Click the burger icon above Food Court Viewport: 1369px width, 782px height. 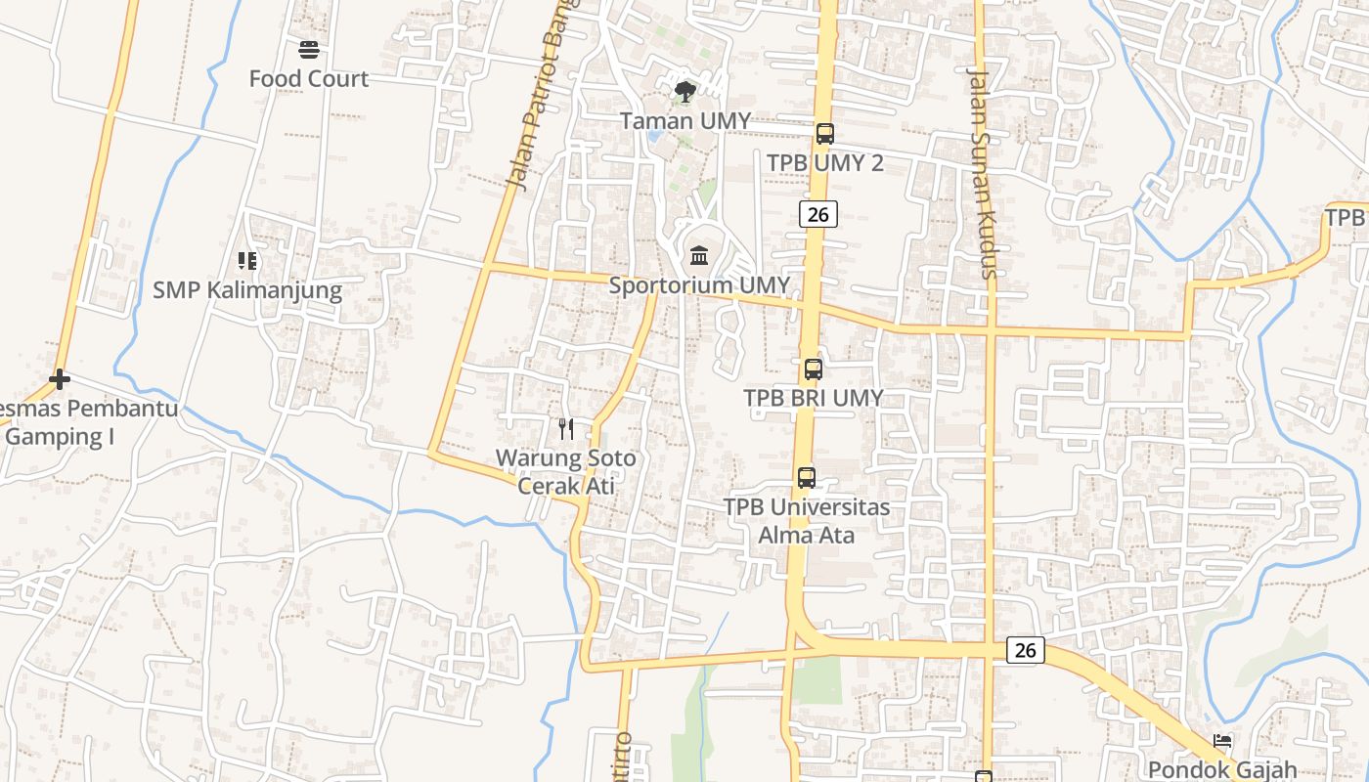(309, 49)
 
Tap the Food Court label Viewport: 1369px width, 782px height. (309, 79)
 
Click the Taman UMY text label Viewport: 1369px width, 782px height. (685, 121)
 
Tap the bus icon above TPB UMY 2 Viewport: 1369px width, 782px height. (824, 134)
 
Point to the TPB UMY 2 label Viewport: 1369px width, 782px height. (824, 163)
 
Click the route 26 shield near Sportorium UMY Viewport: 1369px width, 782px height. (817, 214)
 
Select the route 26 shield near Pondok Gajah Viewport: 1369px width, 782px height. (1025, 650)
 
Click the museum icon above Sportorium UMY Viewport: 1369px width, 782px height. (699, 256)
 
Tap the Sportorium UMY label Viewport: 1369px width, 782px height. (699, 285)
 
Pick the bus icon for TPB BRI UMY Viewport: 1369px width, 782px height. (813, 369)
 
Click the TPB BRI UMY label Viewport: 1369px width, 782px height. (813, 398)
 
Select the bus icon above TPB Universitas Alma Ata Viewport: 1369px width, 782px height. (806, 478)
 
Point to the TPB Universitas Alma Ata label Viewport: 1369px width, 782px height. (807, 521)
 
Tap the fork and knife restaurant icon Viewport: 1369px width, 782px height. (565, 428)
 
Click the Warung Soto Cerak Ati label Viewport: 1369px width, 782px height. (565, 471)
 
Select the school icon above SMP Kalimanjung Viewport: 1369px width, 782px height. (247, 261)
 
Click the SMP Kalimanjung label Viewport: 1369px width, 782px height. (247, 290)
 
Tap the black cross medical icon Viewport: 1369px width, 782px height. (60, 378)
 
